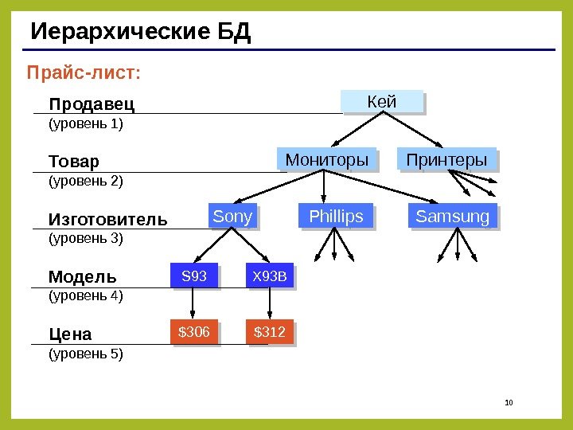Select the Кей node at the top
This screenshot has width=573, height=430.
[381, 102]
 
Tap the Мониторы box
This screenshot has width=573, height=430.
[326, 160]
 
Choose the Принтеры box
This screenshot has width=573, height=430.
[446, 160]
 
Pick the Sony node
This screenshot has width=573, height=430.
[233, 217]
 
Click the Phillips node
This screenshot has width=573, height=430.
[335, 217]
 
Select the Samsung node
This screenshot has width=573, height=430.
[453, 217]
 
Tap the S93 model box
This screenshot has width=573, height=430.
[194, 276]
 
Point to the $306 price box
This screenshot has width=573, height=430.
[194, 332]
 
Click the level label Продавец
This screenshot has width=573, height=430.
[92, 104]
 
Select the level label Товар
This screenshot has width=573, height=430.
[74, 162]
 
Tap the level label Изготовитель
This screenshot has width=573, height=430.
[108, 219]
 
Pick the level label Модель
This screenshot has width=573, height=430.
[82, 277]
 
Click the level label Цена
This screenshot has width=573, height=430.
[70, 334]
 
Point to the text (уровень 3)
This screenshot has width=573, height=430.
[86, 238]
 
